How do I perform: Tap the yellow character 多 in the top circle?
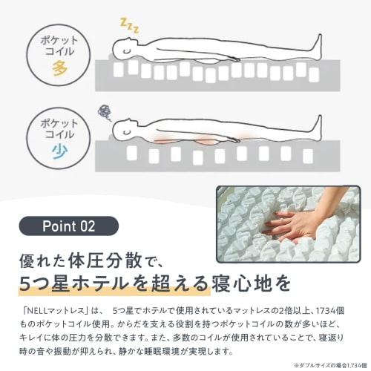pos(60,69)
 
